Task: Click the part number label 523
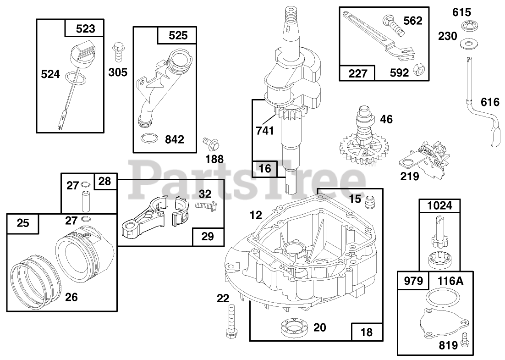(x=86, y=29)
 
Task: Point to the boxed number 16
(x=265, y=169)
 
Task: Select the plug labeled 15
(x=370, y=200)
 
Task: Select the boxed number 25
(x=23, y=223)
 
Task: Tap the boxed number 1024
(x=440, y=206)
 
